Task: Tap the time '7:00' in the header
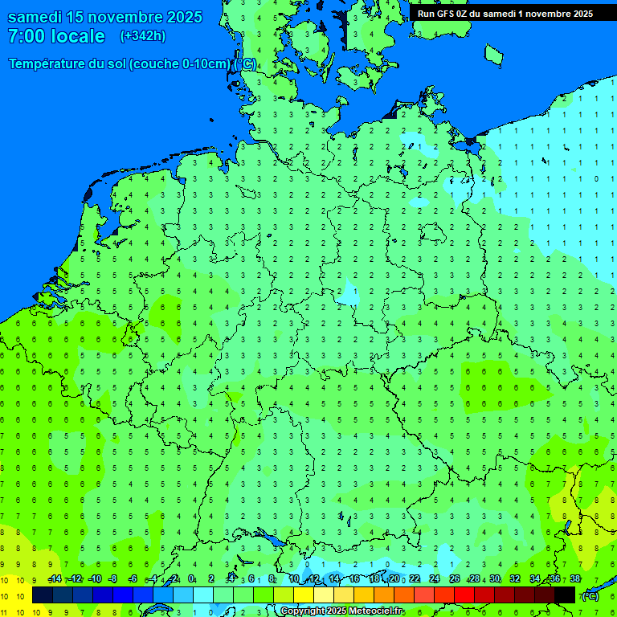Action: pyautogui.click(x=26, y=36)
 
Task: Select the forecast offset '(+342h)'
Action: pyautogui.click(x=142, y=36)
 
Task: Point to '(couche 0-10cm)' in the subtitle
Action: pyautogui.click(x=181, y=64)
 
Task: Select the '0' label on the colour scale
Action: pyautogui.click(x=191, y=579)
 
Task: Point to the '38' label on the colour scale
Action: pyautogui.click(x=574, y=579)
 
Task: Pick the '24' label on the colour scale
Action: pyautogui.click(x=435, y=579)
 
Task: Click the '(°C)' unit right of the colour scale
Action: pyautogui.click(x=590, y=596)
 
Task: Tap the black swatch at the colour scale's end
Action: pyautogui.click(x=565, y=595)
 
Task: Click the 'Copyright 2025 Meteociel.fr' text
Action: pyautogui.click(x=341, y=611)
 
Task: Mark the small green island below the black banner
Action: pyautogui.click(x=493, y=54)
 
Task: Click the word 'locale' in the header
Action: pyautogui.click(x=78, y=36)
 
